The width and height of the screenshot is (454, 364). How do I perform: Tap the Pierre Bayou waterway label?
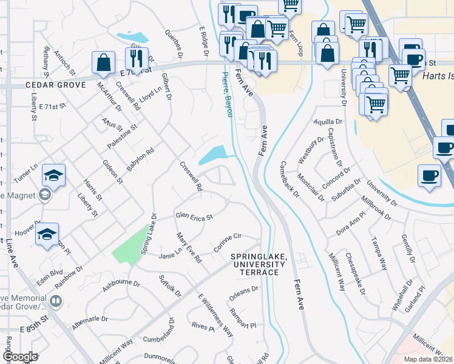(227, 96)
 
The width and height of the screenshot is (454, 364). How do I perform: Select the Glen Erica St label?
(194, 217)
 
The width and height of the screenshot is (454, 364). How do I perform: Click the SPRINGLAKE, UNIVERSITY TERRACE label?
(259, 265)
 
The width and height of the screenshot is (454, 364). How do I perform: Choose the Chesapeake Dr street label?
(355, 274)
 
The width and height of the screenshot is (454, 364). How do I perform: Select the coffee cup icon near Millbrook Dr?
(430, 176)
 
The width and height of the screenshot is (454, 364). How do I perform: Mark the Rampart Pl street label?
(243, 318)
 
